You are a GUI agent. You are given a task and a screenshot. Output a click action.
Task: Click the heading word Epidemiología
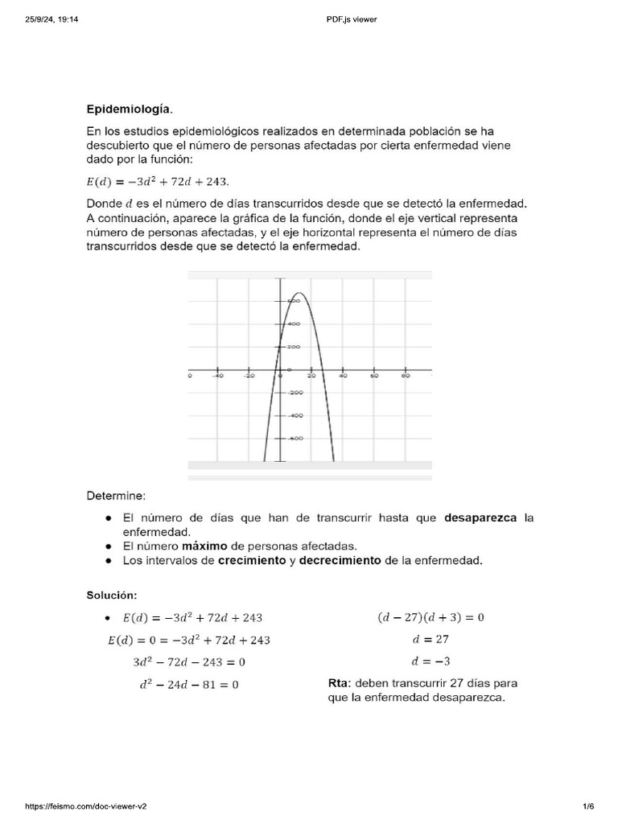(130, 108)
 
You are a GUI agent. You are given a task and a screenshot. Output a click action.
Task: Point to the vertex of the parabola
(298, 294)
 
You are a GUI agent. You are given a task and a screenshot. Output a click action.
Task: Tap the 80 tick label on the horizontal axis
(406, 376)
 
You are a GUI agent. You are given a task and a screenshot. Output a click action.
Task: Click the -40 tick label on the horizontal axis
(217, 376)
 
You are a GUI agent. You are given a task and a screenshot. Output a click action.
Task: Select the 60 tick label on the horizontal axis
(373, 376)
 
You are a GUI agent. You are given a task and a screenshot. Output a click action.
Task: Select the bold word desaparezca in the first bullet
(481, 518)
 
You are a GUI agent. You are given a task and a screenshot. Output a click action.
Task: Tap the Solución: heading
(112, 595)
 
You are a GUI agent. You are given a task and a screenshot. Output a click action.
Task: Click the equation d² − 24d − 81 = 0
(188, 685)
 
